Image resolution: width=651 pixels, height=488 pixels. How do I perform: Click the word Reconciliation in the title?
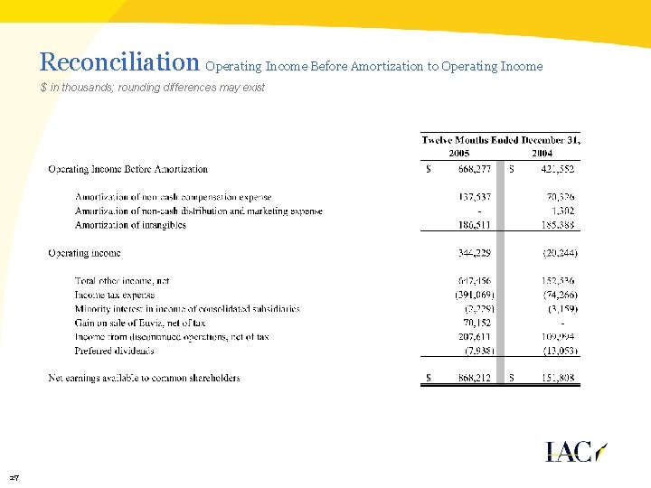pos(119,62)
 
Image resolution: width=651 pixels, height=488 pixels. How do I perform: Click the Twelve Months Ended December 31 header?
pos(501,140)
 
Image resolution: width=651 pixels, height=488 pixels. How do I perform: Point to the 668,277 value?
pos(475,169)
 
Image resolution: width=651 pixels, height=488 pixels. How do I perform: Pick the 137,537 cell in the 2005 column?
pos(476,197)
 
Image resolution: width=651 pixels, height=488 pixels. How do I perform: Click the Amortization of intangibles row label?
pos(130,225)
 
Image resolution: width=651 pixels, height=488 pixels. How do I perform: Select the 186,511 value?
pos(476,225)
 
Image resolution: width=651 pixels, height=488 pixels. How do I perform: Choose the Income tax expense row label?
pos(115,295)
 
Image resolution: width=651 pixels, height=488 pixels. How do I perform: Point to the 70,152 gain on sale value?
pos(478,323)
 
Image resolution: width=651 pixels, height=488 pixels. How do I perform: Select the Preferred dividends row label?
pos(114,351)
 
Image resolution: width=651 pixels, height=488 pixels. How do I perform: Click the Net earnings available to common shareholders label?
pos(144,378)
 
